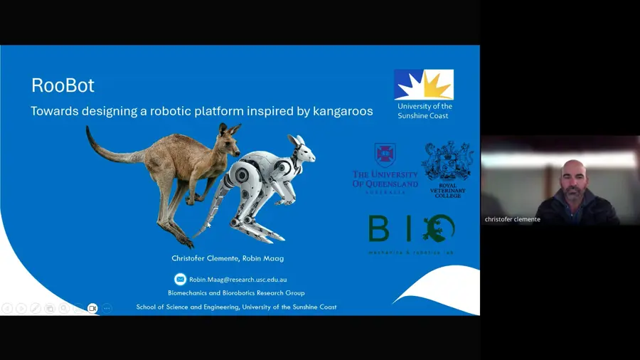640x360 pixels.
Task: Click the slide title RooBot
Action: tap(63, 86)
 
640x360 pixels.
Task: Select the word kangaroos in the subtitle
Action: tap(340, 112)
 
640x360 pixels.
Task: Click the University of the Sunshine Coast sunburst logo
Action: tap(424, 85)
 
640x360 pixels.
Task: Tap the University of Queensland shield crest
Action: tap(385, 155)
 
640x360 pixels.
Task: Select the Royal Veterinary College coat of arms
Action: tap(447, 159)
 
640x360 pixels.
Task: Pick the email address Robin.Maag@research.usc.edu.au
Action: tap(238, 280)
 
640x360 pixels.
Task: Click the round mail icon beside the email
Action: tap(180, 280)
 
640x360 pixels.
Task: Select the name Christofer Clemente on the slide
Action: tap(201, 258)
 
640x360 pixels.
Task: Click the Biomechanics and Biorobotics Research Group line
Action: tap(236, 292)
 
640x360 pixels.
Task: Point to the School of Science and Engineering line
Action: tap(236, 307)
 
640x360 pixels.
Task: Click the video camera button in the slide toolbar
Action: tap(92, 308)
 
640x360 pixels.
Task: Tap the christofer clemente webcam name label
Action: tap(513, 219)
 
